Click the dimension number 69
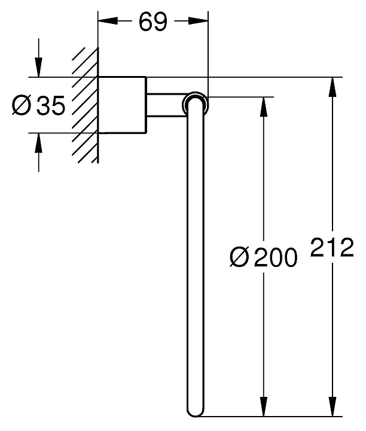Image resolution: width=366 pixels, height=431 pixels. coord(152,22)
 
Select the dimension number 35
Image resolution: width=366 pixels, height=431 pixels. coord(51,105)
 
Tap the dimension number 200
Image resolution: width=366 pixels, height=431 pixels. coord(275,257)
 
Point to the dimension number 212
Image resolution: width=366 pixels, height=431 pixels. coord(332,247)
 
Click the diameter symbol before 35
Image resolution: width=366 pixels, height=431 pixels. coord(22,105)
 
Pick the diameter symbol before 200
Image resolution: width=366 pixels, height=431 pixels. coord(239,257)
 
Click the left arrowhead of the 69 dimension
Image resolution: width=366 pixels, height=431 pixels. coord(108,21)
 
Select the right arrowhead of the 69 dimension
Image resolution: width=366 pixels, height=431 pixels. coord(198,21)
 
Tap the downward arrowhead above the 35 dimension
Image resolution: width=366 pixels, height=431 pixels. coord(39,67)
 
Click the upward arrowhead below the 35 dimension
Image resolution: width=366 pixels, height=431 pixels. coord(39,142)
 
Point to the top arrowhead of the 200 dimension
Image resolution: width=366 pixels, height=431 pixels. coord(264,107)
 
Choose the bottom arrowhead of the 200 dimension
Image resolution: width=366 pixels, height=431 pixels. coord(264,406)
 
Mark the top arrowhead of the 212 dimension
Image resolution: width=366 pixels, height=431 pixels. coord(333,87)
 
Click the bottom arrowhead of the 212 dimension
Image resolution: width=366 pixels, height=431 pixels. coord(333,406)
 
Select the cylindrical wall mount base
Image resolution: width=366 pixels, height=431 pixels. coord(122,105)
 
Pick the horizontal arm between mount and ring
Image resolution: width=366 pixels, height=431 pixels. coord(166,105)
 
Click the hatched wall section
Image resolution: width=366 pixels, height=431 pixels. coord(85,105)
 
